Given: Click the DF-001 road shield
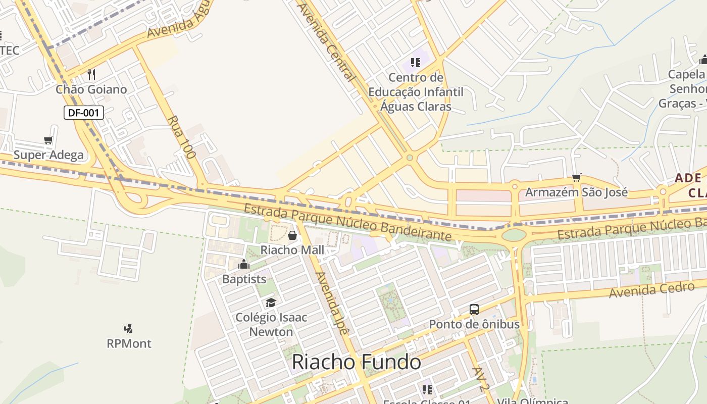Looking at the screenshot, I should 84,113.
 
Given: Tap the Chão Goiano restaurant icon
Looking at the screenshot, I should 91,75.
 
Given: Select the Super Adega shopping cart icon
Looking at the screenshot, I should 48,140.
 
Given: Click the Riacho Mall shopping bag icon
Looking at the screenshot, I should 292,235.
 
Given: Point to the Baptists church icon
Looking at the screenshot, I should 244,264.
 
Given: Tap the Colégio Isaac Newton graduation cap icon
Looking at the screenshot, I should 271,302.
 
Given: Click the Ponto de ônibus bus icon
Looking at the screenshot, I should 474,310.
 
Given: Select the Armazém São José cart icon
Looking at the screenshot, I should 577,177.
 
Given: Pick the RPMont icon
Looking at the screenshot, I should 129,329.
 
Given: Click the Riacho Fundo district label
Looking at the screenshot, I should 357,362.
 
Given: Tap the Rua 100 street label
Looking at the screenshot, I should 181,137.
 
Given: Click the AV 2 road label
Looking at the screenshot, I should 481,379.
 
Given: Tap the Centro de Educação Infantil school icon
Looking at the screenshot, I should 416,63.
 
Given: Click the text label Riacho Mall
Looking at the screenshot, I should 292,250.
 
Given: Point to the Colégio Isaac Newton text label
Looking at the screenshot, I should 271,325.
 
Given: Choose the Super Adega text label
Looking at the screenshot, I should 48,155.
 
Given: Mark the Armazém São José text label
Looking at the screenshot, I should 577,192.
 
